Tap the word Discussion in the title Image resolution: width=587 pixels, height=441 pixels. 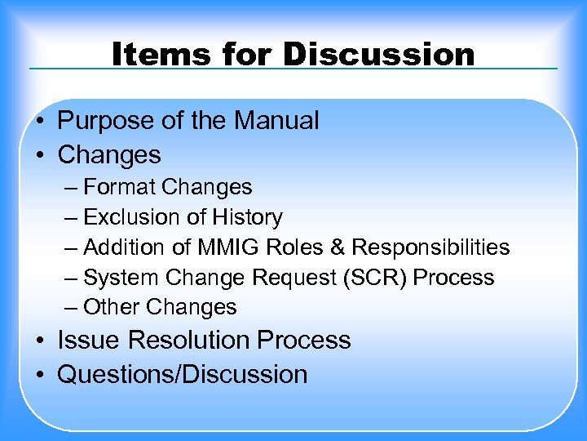(x=378, y=55)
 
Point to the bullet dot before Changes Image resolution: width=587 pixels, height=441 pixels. (x=40, y=154)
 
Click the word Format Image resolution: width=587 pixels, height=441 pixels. (x=120, y=187)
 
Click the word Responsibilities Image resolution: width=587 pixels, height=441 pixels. (x=430, y=247)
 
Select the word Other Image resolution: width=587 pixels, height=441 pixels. (x=113, y=308)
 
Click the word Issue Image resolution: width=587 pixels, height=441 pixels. (x=89, y=340)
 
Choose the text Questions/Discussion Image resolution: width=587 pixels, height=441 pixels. (x=183, y=374)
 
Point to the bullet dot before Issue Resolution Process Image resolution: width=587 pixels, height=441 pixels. (x=40, y=340)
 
